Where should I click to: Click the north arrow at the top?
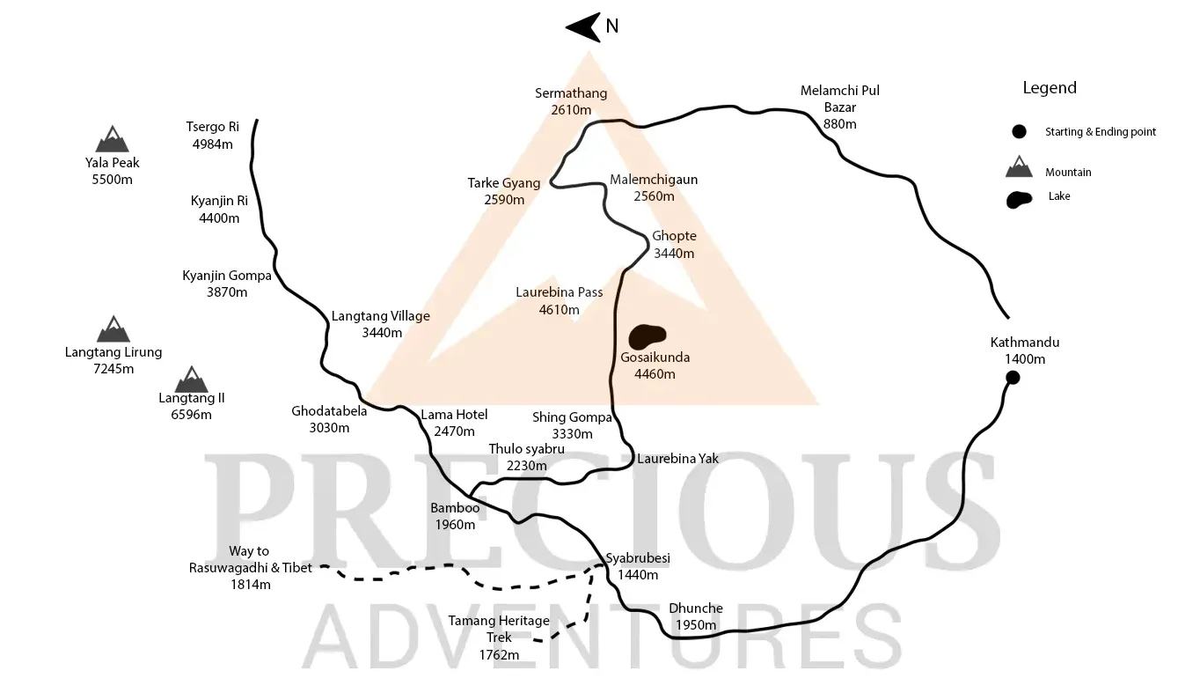point(582,27)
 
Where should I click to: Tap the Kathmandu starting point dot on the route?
point(1013,378)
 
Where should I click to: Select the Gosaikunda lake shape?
point(648,335)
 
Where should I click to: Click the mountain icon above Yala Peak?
point(112,139)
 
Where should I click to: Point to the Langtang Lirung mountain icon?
point(113,329)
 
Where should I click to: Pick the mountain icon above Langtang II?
point(191,380)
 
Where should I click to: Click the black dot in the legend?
point(1019,132)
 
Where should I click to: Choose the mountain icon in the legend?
point(1019,166)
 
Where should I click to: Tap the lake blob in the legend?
point(1019,198)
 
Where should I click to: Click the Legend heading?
point(1049,88)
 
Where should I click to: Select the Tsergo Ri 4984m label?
point(213,136)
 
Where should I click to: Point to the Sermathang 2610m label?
point(571,102)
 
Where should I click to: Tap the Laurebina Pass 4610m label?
point(559,301)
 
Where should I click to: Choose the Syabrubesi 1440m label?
point(638,566)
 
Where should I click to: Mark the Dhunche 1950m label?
point(696,616)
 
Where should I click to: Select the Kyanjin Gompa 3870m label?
point(215,284)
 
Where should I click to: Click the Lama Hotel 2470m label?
point(454,423)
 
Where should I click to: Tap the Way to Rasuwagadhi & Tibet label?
point(250,567)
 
